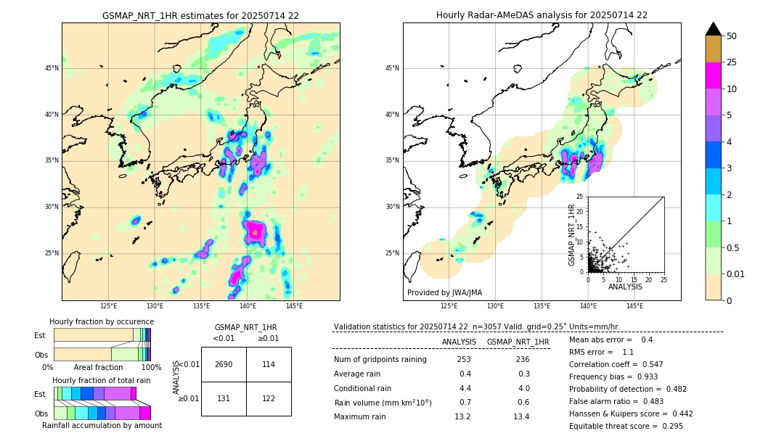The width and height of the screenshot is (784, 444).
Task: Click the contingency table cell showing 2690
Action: (x=224, y=364)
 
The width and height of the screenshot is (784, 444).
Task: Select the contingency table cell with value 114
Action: (x=269, y=364)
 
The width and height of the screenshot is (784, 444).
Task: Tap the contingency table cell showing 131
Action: (x=224, y=398)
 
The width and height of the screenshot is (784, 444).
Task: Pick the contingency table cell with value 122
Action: (x=269, y=398)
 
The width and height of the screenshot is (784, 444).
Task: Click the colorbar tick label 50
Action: (x=732, y=36)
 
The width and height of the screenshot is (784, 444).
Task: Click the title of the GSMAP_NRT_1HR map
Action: (x=200, y=15)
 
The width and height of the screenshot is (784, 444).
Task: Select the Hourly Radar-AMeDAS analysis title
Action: (x=542, y=15)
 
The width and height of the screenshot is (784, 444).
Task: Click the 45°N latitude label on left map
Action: (x=52, y=68)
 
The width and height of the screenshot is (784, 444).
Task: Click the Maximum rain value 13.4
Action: (x=521, y=416)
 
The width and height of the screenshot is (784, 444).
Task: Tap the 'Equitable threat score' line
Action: (x=626, y=426)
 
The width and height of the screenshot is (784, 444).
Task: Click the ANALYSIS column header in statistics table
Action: (x=459, y=342)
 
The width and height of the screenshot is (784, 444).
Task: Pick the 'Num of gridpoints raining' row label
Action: (x=380, y=360)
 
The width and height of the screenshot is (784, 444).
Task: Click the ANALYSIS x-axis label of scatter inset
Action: (x=625, y=287)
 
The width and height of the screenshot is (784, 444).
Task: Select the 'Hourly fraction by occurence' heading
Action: (x=102, y=321)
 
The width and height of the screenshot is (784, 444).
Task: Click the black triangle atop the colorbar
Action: (x=714, y=29)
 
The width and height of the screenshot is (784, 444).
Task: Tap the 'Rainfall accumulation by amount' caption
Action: (x=102, y=426)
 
